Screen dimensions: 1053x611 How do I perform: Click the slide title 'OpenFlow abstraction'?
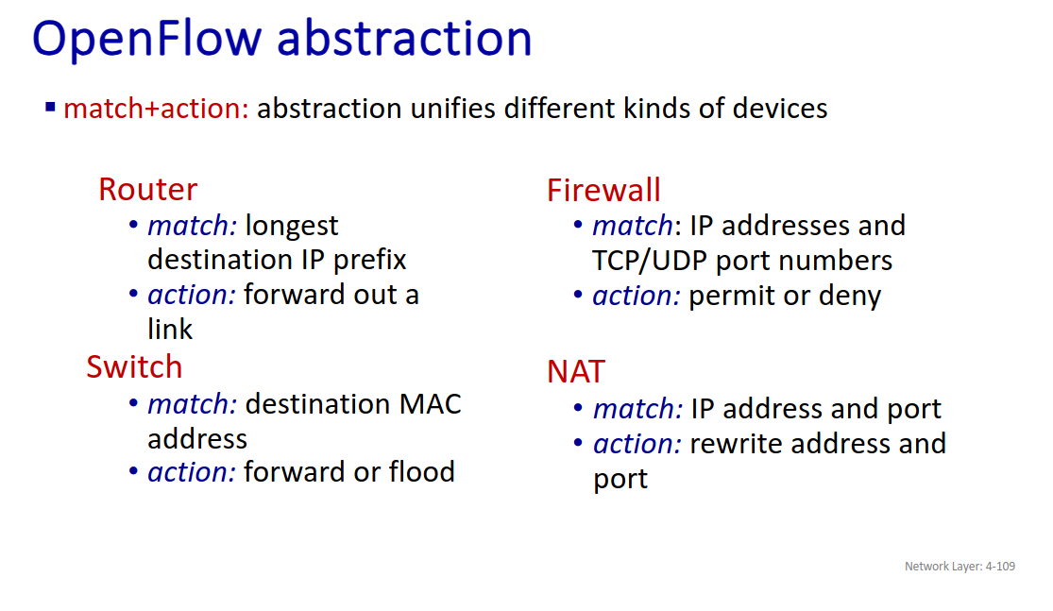pos(282,39)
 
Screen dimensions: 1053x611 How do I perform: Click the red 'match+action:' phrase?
pos(156,108)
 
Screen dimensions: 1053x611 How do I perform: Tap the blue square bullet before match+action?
pos(50,107)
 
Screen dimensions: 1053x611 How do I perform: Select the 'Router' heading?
pos(147,189)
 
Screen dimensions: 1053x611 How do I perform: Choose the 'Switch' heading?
pos(134,366)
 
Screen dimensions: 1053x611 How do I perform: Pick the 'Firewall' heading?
pos(603,190)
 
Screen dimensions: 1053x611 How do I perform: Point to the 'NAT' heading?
pos(576,371)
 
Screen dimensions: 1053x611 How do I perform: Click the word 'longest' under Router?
pos(292,227)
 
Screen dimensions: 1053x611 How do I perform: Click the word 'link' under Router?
pos(170,329)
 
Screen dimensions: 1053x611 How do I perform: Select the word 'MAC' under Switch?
pos(430,404)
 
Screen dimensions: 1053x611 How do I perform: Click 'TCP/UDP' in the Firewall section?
pos(650,261)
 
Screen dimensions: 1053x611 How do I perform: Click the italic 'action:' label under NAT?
pos(637,443)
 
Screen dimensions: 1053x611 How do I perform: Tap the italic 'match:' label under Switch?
pos(192,404)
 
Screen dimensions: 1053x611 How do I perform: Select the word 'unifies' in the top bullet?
pos(452,108)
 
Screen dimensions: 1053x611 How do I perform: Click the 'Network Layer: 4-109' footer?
pos(960,566)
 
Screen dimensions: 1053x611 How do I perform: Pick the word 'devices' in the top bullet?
pos(780,108)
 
